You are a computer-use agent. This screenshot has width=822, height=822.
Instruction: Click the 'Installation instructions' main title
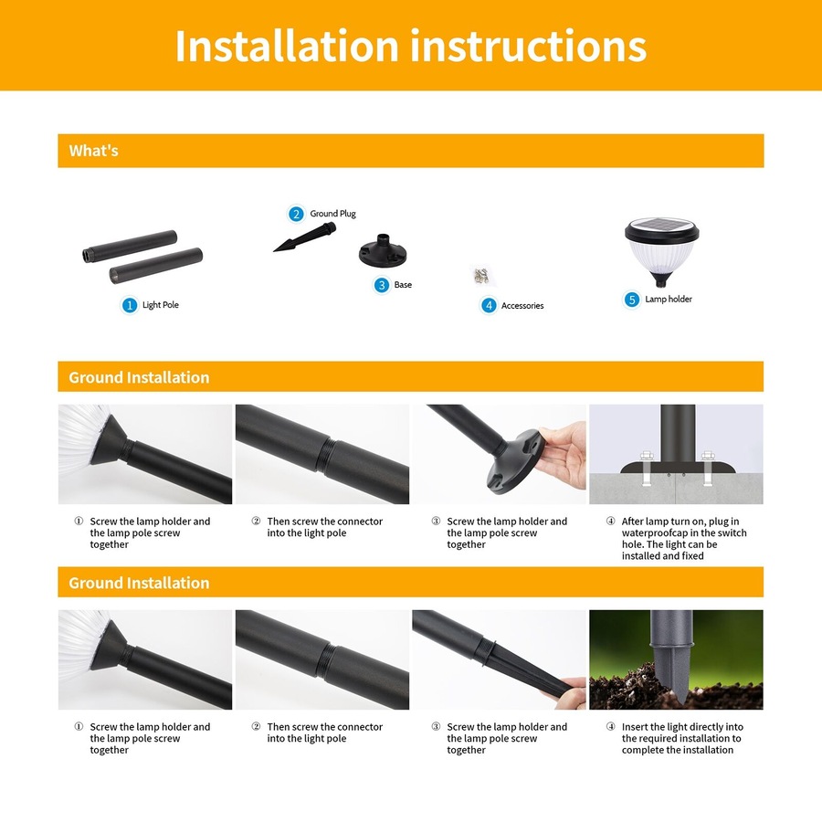pyautogui.click(x=410, y=46)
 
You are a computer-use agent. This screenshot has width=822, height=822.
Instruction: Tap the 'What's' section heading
pyautogui.click(x=94, y=151)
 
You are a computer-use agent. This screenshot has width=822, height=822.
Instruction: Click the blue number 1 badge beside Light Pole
pyautogui.click(x=130, y=305)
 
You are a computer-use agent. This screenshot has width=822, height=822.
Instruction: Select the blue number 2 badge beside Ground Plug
pyautogui.click(x=296, y=214)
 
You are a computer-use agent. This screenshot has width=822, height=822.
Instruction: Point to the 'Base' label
pyautogui.click(x=403, y=285)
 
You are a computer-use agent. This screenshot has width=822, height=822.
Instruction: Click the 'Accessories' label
pyautogui.click(x=522, y=306)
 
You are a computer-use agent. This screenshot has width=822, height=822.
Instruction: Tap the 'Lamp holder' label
pyautogui.click(x=669, y=300)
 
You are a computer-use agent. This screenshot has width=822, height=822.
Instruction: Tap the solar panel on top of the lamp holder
pyautogui.click(x=661, y=227)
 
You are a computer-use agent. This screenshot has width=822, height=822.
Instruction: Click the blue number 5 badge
pyautogui.click(x=632, y=300)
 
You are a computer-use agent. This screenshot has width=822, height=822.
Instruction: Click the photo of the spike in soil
pyautogui.click(x=676, y=659)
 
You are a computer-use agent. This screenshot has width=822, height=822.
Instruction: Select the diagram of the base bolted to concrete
pyautogui.click(x=676, y=454)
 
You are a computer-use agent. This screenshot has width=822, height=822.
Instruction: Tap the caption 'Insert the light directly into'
pyautogui.click(x=682, y=728)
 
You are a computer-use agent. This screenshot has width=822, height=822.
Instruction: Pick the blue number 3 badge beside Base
pyautogui.click(x=382, y=285)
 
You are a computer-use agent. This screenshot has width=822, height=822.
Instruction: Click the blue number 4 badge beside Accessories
pyautogui.click(x=489, y=306)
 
